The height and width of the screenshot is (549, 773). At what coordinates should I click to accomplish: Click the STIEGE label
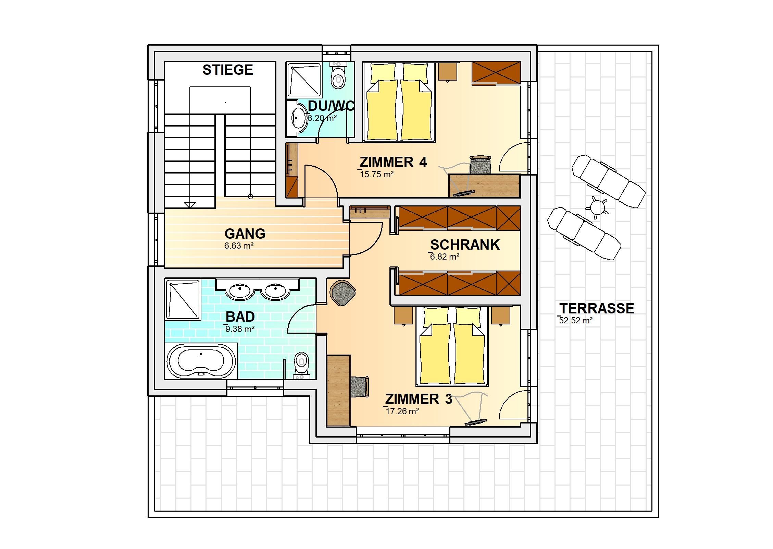(228, 70)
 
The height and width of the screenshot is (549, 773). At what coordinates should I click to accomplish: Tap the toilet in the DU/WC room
(338, 75)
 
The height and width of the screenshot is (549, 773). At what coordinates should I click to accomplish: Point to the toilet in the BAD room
(301, 366)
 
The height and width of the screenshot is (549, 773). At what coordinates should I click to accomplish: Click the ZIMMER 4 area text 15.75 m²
(376, 175)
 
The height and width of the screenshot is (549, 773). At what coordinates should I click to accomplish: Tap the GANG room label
(245, 234)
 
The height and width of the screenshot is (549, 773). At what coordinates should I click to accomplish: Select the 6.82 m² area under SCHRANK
(444, 257)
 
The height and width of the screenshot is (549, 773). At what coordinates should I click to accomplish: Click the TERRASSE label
(597, 308)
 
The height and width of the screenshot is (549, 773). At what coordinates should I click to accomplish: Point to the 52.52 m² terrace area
(575, 321)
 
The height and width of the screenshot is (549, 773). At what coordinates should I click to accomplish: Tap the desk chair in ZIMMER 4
(480, 165)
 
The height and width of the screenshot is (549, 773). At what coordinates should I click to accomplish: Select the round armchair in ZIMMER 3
(342, 292)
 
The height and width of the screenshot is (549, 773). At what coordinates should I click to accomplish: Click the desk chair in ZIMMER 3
(360, 386)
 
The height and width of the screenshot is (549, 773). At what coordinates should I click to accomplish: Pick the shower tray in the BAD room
(183, 300)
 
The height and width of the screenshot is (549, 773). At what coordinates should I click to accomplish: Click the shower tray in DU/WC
(304, 80)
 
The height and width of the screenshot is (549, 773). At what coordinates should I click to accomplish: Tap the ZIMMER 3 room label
(419, 399)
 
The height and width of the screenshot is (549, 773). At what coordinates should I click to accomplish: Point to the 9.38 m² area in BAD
(239, 329)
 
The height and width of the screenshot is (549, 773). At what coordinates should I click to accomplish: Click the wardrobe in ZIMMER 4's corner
(496, 72)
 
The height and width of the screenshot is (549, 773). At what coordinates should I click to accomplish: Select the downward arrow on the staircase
(190, 205)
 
